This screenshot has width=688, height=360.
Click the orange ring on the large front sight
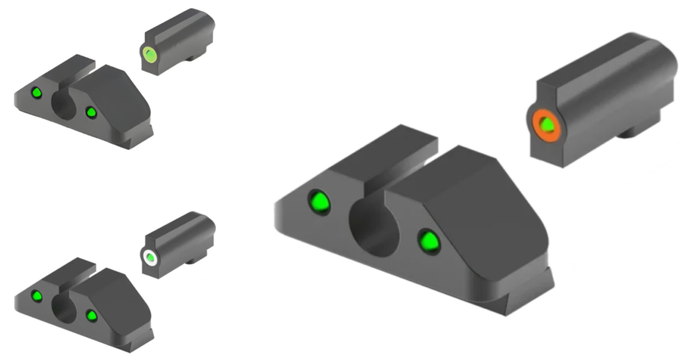[x=535, y=126]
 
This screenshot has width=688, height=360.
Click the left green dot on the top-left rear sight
[x=37, y=93]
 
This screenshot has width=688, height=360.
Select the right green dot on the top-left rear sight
[x=91, y=112]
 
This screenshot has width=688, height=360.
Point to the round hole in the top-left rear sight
[x=64, y=105]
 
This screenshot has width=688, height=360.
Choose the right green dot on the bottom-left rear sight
[x=91, y=315]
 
